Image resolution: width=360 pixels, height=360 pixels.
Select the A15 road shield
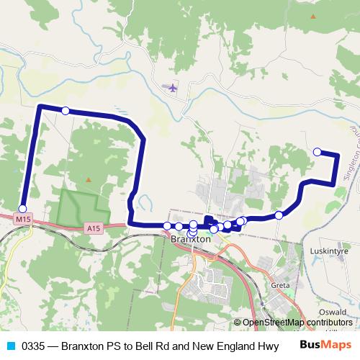92,228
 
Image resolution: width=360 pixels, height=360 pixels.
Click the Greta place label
280,285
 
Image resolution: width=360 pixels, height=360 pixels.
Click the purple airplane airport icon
171,88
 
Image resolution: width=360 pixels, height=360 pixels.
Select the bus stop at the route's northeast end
318,151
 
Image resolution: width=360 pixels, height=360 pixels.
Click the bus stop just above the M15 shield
22,208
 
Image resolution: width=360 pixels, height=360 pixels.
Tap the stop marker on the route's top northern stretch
66,110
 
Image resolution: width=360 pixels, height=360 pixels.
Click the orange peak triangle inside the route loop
89,179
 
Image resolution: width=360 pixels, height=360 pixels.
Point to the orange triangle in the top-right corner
312,16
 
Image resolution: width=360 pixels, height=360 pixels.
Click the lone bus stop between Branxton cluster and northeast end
279,215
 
